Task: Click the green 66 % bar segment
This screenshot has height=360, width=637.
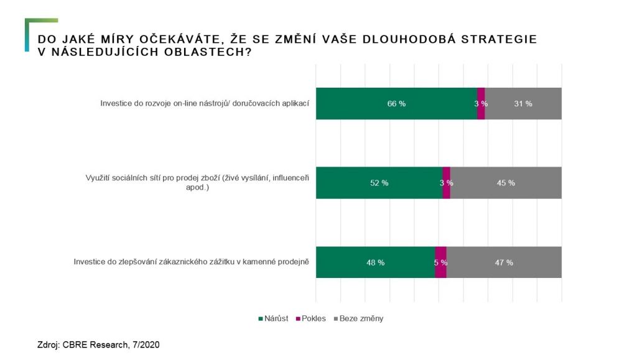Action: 396,103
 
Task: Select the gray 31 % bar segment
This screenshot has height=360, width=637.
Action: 523,103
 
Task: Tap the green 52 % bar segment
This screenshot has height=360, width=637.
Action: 379,183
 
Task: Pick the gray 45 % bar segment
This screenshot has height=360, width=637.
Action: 505,183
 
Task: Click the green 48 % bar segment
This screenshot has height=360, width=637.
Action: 375,262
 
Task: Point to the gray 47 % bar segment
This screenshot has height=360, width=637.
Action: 504,262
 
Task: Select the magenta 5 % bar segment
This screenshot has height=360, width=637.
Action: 440,262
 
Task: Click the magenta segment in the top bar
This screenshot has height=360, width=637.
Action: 481,103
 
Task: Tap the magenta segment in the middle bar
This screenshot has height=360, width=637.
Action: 446,183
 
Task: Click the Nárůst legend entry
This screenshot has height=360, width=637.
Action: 274,318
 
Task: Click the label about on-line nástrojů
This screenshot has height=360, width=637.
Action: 205,103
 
